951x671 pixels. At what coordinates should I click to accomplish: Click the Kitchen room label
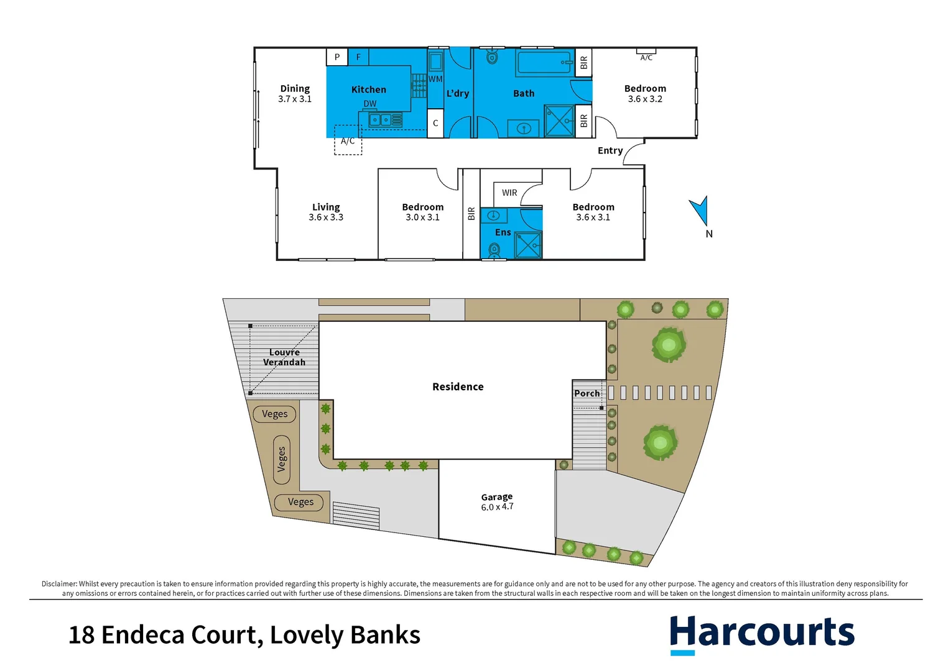pos(368,89)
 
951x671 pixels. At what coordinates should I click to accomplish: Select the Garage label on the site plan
pos(496,497)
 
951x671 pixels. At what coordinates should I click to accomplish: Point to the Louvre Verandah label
pos(284,357)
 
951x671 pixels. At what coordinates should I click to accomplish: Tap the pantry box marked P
pos(337,57)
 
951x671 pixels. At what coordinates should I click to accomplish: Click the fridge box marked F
pos(358,57)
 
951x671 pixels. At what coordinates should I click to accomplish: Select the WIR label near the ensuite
pos(509,193)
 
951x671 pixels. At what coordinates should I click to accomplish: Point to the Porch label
pos(587,393)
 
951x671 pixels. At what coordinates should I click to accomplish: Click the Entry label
pos(610,150)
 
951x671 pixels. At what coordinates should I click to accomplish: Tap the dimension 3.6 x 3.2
pos(645,99)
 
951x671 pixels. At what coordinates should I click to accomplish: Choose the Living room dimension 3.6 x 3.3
pos(326,217)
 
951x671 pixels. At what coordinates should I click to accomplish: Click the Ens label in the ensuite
pos(503,232)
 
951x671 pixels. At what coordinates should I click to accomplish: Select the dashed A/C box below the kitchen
pos(348,141)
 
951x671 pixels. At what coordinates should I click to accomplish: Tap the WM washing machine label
pos(435,79)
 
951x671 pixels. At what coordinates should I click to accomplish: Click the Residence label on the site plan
pos(458,386)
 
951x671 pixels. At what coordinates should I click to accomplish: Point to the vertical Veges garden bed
pos(281,459)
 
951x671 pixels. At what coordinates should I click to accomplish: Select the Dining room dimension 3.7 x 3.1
pos(295,99)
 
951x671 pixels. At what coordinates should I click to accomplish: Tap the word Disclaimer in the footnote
pos(58,584)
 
